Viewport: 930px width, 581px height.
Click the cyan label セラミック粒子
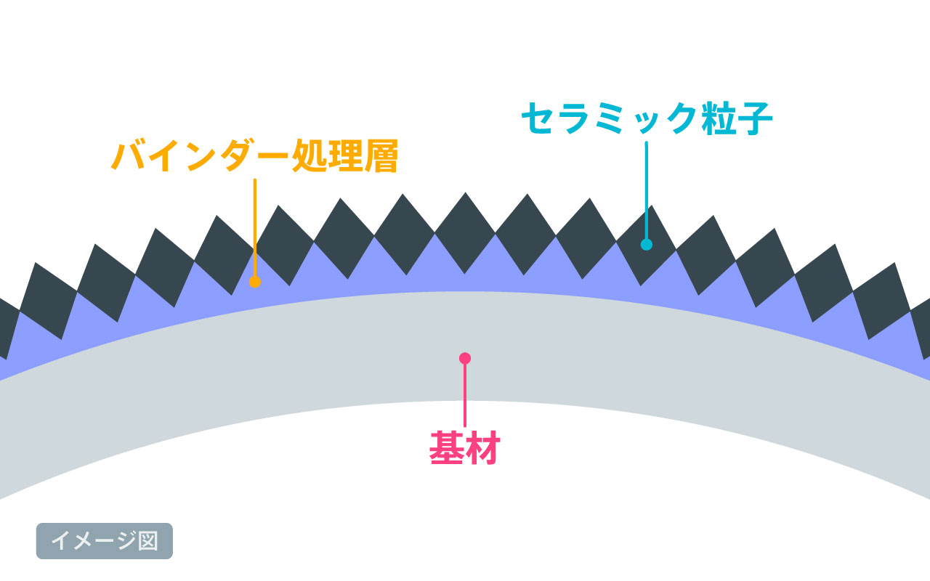[x=647, y=118]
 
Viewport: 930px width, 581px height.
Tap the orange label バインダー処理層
[x=255, y=155]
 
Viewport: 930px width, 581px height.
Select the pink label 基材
[x=464, y=448]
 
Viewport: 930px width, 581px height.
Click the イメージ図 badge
[x=105, y=541]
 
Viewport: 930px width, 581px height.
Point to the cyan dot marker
[x=647, y=245]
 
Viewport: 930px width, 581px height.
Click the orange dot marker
[x=254, y=282]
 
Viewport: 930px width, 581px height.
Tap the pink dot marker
[x=465, y=358]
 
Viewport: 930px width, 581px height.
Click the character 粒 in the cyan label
[x=719, y=118]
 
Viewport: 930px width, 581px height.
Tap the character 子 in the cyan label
[x=756, y=118]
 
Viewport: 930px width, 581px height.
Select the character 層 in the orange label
[x=381, y=155]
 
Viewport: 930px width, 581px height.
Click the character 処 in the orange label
[x=310, y=155]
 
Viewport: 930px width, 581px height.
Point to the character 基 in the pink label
[x=446, y=448]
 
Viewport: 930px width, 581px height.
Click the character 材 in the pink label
[x=483, y=448]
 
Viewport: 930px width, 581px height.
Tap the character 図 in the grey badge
[x=148, y=541]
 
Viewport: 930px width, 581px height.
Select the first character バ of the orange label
[x=129, y=155]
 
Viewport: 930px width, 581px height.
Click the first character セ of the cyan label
[x=538, y=118]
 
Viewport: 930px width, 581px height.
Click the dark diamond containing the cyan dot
[x=647, y=245]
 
